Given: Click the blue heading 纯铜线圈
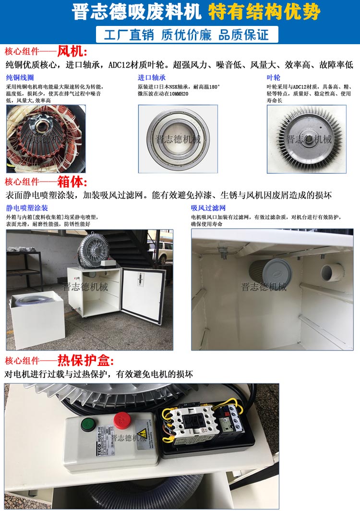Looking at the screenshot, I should (x=20, y=78).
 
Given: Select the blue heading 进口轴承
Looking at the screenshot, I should (x=152, y=78).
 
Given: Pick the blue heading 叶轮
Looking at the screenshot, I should (x=274, y=78).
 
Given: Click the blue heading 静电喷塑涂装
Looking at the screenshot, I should (x=27, y=208).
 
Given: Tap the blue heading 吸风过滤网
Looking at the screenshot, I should (x=208, y=208).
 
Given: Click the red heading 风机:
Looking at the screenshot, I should (x=72, y=51).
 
